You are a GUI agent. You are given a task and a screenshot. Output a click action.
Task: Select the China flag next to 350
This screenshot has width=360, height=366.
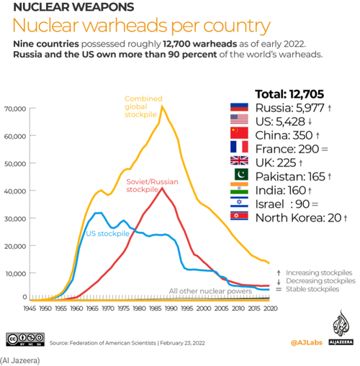click(x=238, y=134)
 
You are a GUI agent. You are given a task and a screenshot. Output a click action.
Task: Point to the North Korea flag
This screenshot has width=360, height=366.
click(x=238, y=216)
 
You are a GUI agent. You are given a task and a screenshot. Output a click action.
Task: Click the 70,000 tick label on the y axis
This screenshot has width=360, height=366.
click(x=15, y=109)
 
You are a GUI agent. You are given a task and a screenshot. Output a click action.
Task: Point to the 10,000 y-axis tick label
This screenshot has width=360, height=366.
click(x=15, y=273)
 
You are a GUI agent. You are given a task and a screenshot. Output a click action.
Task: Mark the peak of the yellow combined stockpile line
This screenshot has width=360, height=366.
click(x=163, y=107)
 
